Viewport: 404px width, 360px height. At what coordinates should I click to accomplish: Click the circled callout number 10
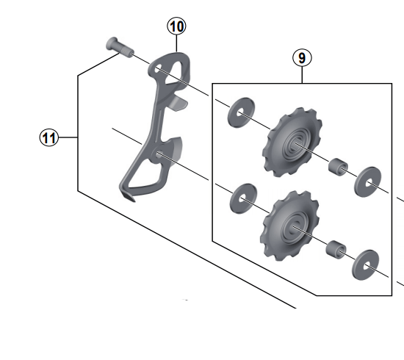176,27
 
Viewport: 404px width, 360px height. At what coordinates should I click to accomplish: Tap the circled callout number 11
49,137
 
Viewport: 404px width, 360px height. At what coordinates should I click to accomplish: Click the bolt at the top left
117,46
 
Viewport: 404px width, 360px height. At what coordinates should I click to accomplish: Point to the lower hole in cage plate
159,154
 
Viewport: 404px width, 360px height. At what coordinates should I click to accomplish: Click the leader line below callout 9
302,75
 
